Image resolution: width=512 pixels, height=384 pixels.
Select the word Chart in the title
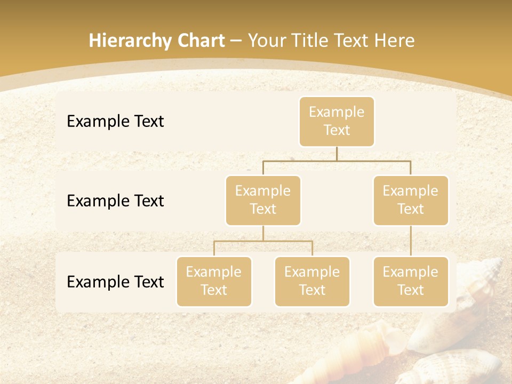point(202,41)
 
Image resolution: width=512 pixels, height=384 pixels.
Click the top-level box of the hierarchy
point(337,122)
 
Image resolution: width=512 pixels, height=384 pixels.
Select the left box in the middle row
point(263,201)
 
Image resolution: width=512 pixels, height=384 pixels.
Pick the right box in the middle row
point(411,201)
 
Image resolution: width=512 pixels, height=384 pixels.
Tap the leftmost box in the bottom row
point(214,282)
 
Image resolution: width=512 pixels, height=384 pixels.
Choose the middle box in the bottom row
point(312,282)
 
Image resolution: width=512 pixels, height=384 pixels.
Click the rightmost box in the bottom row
point(411,282)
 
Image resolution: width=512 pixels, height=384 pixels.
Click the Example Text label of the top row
point(115,122)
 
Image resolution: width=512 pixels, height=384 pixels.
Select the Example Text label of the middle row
point(115,201)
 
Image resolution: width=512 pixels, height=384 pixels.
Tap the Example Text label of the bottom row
point(115,282)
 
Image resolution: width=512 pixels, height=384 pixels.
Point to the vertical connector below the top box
point(337,154)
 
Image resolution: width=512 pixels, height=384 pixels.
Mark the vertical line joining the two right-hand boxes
point(411,241)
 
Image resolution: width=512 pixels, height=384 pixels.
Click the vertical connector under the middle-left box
point(263,233)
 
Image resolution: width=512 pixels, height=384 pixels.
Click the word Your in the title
point(266,41)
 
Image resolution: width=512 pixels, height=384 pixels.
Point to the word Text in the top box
point(337,131)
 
